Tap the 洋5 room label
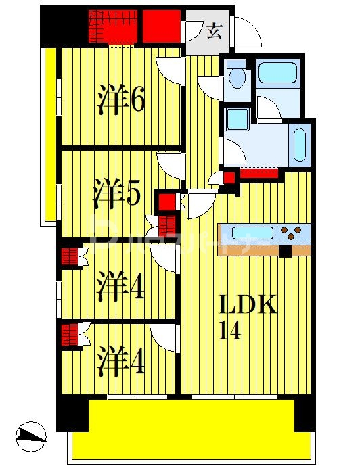[117, 193]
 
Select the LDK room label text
[248, 305]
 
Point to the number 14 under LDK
[230, 331]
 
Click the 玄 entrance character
[214, 31]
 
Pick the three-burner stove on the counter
[292, 233]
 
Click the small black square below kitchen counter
[285, 252]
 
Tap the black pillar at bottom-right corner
[305, 413]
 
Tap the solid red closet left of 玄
[161, 26]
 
